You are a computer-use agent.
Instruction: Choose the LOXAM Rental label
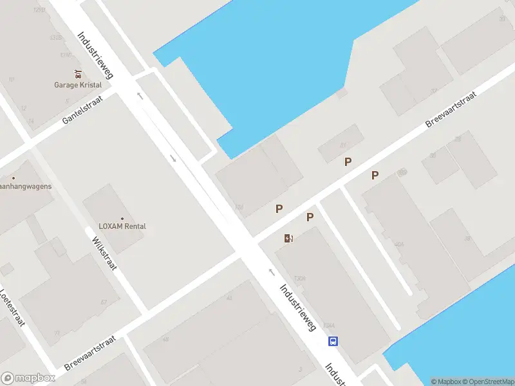tap(122, 226)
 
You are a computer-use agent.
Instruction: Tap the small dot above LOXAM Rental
tap(122, 218)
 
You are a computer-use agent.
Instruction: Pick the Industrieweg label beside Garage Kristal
tap(95, 55)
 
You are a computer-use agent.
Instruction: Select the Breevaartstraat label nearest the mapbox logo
tap(89, 353)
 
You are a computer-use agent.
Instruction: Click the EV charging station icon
tap(289, 239)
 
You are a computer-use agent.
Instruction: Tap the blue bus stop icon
tap(333, 342)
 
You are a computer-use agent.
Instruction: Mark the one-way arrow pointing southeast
tap(173, 158)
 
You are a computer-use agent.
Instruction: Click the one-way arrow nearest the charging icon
tap(271, 272)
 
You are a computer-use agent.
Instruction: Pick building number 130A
tap(299, 278)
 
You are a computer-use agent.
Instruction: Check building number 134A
tap(329, 324)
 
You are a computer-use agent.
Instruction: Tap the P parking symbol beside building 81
tap(348, 162)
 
